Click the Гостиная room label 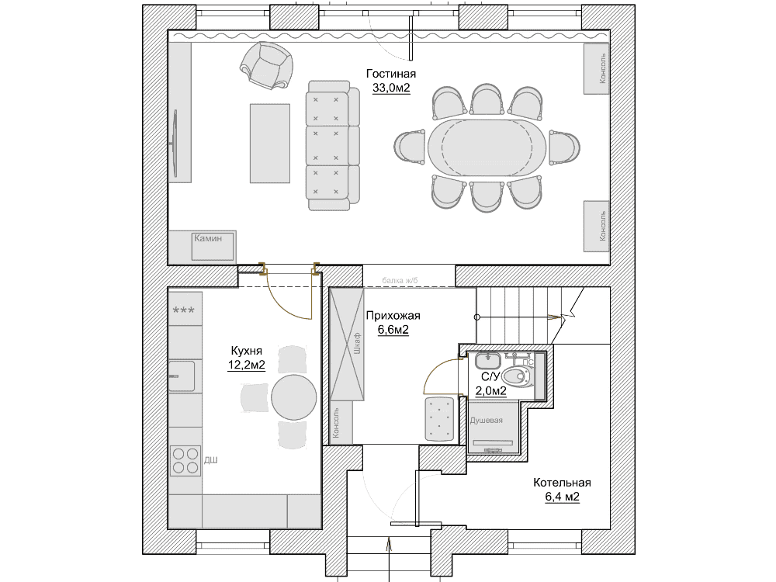(390, 74)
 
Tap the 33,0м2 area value (391, 88)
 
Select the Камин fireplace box (213, 247)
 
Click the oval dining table (487, 147)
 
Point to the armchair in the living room (266, 65)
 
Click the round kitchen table (293, 397)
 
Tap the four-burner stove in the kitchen (185, 461)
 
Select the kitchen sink (181, 376)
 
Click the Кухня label (246, 351)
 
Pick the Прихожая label (393, 316)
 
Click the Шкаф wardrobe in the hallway (348, 345)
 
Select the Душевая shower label (486, 421)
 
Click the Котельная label (562, 483)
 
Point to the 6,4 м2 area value (562, 497)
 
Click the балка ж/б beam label (400, 281)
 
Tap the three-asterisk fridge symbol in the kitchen (184, 311)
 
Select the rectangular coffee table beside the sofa (270, 143)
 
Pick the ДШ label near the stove (211, 460)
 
